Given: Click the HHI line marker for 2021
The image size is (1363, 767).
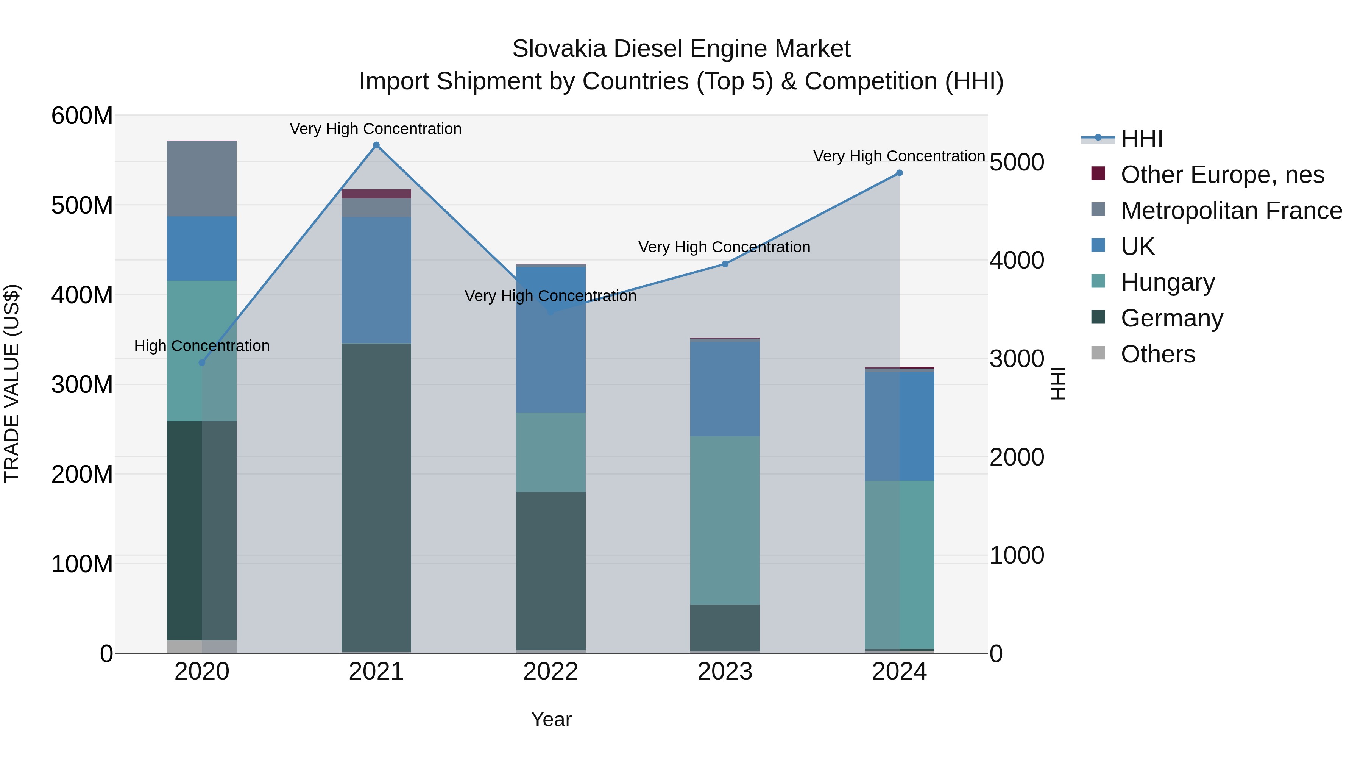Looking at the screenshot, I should click(x=376, y=145).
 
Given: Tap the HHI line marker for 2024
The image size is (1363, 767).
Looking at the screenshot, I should click(x=899, y=173).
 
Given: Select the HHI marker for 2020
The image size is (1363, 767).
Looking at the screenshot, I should click(x=201, y=362).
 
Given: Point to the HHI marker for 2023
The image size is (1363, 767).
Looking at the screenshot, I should click(x=725, y=264).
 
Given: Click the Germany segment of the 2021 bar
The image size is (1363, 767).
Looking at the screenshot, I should click(x=376, y=498).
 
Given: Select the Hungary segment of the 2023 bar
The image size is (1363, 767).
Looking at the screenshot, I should click(x=725, y=520).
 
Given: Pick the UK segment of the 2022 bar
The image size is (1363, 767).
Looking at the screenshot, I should click(x=551, y=340).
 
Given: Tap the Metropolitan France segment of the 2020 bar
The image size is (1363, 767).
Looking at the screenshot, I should click(x=201, y=178).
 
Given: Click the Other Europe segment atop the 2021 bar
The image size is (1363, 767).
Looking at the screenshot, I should click(x=376, y=194).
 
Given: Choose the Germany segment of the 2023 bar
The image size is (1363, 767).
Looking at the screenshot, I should click(x=725, y=628).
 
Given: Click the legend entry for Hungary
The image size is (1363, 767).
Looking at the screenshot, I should click(x=1167, y=282).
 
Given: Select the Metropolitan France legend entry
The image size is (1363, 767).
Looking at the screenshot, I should click(x=1231, y=211).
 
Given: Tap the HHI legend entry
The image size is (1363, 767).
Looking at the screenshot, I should click(x=1141, y=139).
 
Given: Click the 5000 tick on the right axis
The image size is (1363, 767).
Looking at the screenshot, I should click(x=1017, y=162).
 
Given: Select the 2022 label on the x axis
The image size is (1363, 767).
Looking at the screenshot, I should click(x=551, y=671).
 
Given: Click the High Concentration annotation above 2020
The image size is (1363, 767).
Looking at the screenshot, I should click(x=201, y=346).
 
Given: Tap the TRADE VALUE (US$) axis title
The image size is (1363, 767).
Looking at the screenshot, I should click(x=12, y=383).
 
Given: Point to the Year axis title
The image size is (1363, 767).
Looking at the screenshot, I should click(x=551, y=719).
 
